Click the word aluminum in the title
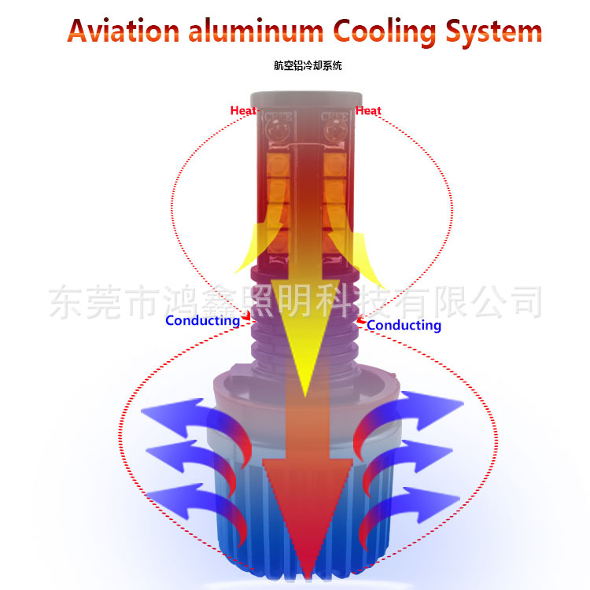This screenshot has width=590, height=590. coord(256,31)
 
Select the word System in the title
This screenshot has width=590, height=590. coord(494,31)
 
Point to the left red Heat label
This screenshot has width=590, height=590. coord(243,111)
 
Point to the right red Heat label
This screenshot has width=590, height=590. coord(368,111)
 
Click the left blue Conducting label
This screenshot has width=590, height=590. coord(202,321)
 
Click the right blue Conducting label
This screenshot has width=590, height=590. coord(404,325)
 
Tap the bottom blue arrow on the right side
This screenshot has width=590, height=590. coord(417,500)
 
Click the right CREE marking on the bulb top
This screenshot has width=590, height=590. coord(334,119)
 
